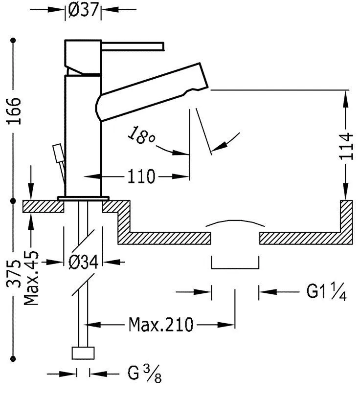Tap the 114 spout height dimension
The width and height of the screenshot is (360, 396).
(346, 145)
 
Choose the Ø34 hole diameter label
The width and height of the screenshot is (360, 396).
(83, 262)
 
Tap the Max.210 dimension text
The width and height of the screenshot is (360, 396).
(161, 324)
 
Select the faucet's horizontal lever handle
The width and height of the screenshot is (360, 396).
(132, 46)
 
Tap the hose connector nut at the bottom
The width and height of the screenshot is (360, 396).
(83, 353)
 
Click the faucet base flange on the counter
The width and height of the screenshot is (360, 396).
(83, 198)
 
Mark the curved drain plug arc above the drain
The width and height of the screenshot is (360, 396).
(235, 222)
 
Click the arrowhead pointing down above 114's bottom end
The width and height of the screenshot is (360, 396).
(346, 191)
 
